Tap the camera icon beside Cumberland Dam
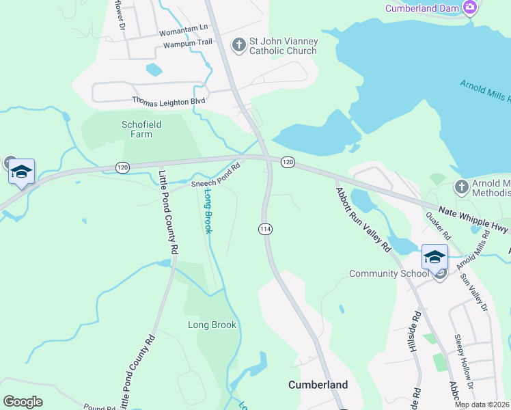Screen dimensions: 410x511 click(x=469, y=8)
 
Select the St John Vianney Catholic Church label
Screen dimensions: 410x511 click(x=283, y=46)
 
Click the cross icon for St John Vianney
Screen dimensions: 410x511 click(x=238, y=45)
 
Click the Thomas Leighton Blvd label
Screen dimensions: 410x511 click(x=169, y=100)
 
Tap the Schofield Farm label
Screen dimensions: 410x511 click(x=141, y=129)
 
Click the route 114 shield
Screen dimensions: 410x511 click(x=266, y=230)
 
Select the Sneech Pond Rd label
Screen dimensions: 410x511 click(x=217, y=175)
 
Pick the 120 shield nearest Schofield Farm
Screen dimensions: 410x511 click(x=122, y=167)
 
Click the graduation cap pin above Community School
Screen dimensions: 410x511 click(x=434, y=258)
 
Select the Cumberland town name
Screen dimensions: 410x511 click(x=318, y=385)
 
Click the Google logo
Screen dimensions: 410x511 click(x=23, y=402)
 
